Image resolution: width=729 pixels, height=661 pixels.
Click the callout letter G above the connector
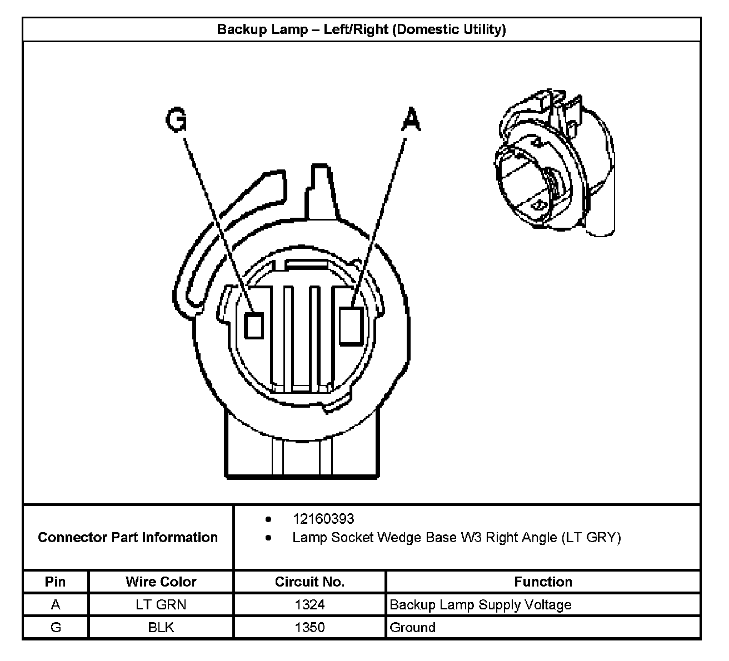177,121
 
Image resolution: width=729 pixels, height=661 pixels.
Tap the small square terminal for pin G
254,326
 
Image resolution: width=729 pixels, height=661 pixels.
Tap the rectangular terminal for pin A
351,326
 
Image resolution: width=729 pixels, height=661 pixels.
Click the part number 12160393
323,519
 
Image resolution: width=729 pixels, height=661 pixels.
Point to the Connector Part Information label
128,537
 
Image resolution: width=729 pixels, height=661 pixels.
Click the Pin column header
56,582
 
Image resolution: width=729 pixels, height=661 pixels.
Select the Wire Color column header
161,582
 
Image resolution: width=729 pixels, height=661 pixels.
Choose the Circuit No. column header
310,582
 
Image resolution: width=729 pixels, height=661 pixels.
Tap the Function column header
543,582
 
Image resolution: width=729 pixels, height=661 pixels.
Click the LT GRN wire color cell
161,604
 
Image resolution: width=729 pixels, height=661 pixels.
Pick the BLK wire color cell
161,627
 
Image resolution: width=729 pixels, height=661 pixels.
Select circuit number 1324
310,604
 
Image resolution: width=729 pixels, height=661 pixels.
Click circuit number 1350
310,627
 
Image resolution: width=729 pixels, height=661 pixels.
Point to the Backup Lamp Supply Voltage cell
481,604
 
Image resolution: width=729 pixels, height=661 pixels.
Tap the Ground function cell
413,627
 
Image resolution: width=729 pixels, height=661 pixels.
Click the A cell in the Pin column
56,604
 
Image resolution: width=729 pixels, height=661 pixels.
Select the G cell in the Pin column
56,627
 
